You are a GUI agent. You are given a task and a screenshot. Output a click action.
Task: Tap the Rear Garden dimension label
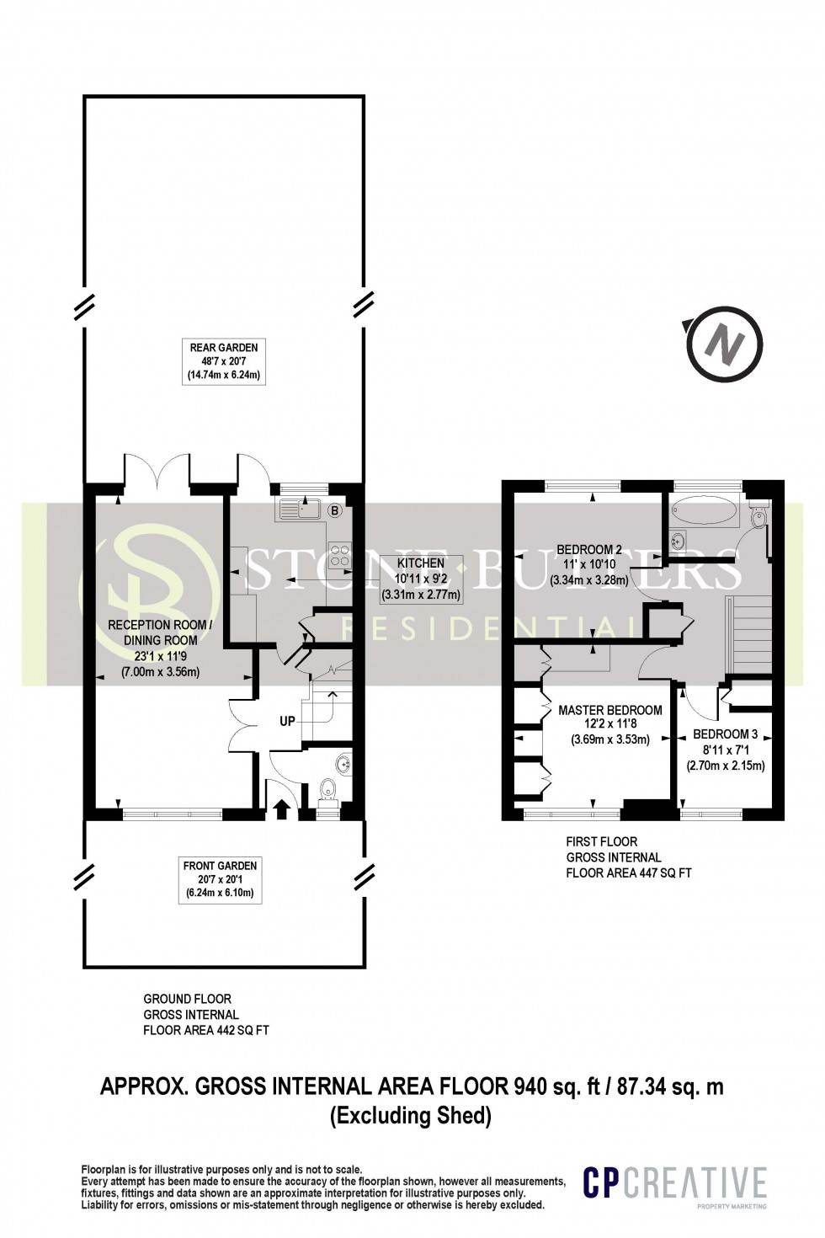tap(223, 361)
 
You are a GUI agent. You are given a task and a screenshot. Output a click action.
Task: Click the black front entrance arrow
tap(281, 808)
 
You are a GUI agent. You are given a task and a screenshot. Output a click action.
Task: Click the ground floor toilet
tap(329, 792)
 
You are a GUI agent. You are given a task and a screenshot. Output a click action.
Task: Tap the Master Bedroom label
tap(610, 724)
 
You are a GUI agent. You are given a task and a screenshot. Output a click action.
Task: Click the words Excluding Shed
tap(411, 1116)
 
